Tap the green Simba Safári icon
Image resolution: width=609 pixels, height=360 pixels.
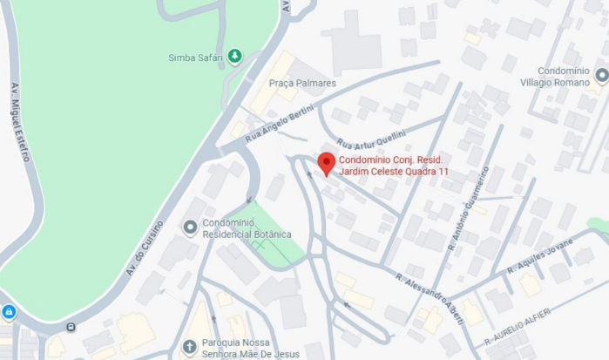[x=233, y=58]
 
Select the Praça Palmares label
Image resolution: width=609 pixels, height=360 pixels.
[x=301, y=83]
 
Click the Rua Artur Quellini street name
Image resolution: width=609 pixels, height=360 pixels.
[x=372, y=138]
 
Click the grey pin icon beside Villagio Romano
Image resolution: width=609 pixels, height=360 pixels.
[x=602, y=75]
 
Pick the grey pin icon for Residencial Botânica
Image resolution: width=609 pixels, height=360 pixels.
[x=190, y=228]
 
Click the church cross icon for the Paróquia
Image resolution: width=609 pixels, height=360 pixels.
[x=189, y=348]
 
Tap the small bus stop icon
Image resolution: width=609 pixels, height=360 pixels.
[x=71, y=328]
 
